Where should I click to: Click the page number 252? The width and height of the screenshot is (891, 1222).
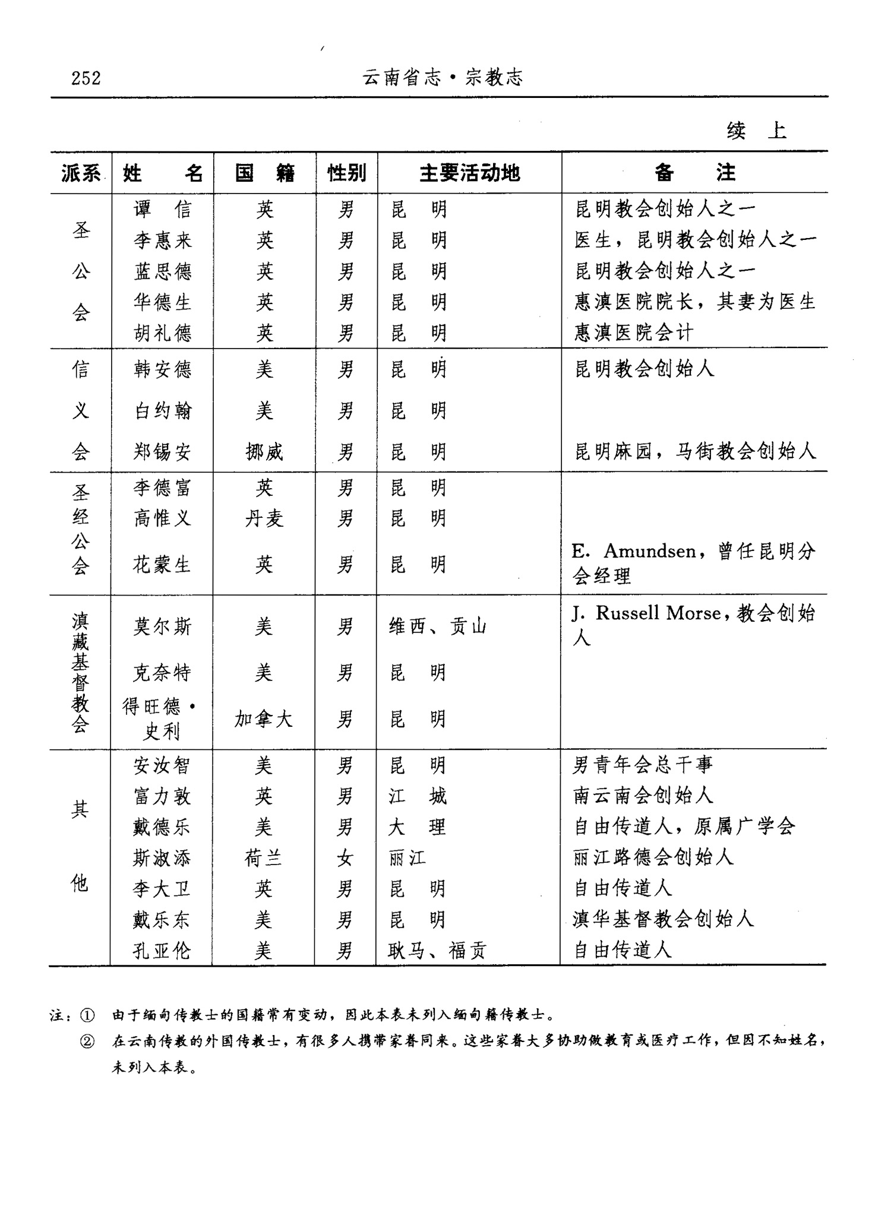(x=86, y=78)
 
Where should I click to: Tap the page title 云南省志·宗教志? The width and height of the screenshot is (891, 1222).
(x=443, y=77)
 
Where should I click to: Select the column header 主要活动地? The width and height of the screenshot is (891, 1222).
(x=469, y=173)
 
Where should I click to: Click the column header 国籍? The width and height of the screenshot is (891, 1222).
(x=264, y=173)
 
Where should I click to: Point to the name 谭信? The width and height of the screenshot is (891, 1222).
(x=162, y=209)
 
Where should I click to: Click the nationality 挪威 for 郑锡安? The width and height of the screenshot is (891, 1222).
(x=264, y=452)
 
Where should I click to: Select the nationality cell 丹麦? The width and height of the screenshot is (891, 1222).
(x=264, y=519)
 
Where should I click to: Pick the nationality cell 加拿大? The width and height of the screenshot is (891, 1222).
(x=264, y=720)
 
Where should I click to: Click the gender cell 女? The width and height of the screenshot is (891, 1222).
(x=345, y=858)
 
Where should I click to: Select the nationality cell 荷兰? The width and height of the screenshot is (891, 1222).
(x=264, y=858)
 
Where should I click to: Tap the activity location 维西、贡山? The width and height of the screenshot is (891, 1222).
(x=438, y=626)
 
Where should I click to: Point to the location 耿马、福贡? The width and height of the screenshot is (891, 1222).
(x=437, y=951)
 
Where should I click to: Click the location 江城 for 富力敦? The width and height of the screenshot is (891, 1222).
(x=418, y=796)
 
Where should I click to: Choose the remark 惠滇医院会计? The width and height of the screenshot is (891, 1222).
(x=634, y=333)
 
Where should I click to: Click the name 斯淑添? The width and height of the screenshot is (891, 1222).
(x=162, y=858)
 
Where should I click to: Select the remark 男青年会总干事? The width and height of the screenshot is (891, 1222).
(x=643, y=765)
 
